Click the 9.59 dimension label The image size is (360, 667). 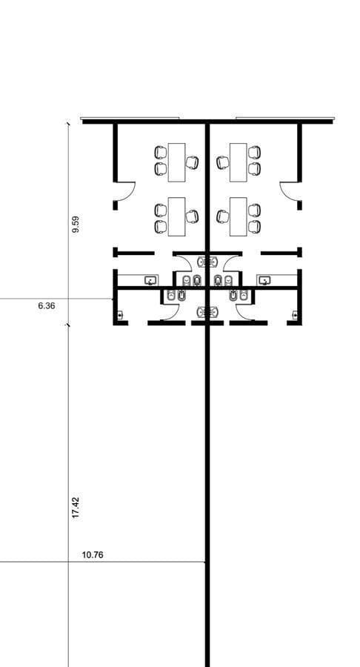click(76, 224)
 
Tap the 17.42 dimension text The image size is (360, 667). click(76, 507)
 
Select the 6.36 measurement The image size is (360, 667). click(47, 305)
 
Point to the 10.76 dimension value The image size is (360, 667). click(93, 555)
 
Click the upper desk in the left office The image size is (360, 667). click(176, 162)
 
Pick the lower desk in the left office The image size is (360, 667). click(176, 216)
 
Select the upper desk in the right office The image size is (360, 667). click(238, 162)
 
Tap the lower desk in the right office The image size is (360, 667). click(238, 216)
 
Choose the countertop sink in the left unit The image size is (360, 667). click(150, 280)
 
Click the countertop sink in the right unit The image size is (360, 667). click(264, 280)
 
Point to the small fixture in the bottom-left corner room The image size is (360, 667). click(120, 315)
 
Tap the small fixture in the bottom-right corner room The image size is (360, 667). click(295, 315)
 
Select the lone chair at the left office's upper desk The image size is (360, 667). click(192, 162)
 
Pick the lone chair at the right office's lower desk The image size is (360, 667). click(222, 216)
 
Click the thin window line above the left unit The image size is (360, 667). click(130, 119)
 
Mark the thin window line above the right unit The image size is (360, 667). click(285, 119)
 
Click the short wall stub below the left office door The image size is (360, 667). click(115, 205)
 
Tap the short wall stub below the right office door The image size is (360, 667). click(300, 205)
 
